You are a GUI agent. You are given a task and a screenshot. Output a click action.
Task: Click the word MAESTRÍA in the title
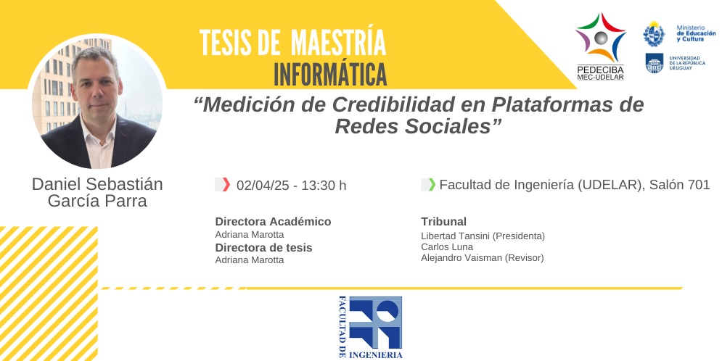click(x=339, y=43)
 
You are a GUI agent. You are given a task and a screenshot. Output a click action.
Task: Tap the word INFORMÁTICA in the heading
click(x=330, y=74)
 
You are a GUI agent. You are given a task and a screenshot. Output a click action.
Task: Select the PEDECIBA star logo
click(x=600, y=38)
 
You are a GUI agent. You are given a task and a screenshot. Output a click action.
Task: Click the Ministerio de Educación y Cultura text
click(x=696, y=33)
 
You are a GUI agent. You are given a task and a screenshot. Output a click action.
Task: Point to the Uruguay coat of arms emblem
click(x=654, y=33)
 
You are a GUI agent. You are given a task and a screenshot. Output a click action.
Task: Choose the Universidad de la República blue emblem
click(x=655, y=63)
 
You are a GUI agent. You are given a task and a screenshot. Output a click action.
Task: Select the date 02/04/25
click(x=263, y=186)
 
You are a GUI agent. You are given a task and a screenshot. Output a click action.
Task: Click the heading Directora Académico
click(x=273, y=222)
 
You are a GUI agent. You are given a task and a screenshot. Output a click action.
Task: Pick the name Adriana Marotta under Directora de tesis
click(x=250, y=260)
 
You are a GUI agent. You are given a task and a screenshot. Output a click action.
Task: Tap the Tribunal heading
click(x=444, y=222)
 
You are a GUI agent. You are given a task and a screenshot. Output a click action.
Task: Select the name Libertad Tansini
click(x=456, y=236)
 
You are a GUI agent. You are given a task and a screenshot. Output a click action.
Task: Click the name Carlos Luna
click(x=447, y=247)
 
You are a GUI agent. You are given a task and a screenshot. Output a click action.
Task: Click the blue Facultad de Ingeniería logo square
click(x=375, y=323)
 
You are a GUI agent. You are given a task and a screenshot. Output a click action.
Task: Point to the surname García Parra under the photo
click(x=97, y=202)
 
